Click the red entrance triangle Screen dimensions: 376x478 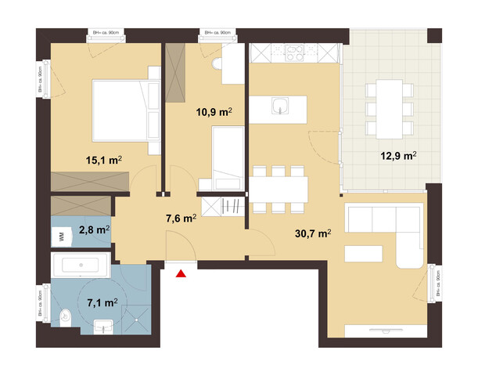click(x=181, y=273)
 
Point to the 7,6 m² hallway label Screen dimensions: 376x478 click(x=178, y=219)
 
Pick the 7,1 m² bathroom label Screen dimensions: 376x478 click(x=102, y=301)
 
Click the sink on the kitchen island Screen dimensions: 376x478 click(x=279, y=105)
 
